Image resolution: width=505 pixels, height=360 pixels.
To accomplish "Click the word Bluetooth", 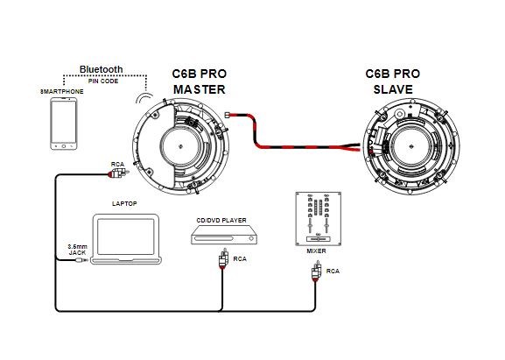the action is (x=102, y=69).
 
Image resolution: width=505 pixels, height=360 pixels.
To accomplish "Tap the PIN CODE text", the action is (x=103, y=81).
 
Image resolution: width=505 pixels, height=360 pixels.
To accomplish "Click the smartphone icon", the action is (x=64, y=124).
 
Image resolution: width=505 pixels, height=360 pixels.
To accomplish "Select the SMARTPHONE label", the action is (x=62, y=91).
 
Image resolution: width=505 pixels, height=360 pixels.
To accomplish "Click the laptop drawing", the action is (x=126, y=239).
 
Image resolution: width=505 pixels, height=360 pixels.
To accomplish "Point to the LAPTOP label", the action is (x=124, y=204).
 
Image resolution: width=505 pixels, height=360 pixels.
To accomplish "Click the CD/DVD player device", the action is (x=224, y=235).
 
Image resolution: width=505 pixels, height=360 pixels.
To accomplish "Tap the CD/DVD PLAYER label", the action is (x=221, y=221).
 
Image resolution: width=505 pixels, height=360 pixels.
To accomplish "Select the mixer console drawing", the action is (x=319, y=219).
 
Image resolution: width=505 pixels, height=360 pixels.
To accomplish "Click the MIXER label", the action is (x=316, y=251).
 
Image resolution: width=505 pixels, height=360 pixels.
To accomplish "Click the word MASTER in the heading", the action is (x=200, y=89).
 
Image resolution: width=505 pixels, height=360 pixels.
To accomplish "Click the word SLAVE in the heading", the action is (x=393, y=89).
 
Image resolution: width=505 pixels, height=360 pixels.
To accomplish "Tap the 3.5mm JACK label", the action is (x=77, y=250).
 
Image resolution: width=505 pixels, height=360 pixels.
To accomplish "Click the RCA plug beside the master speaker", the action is (x=118, y=173).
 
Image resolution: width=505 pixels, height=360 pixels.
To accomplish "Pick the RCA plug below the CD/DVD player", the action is (x=223, y=258).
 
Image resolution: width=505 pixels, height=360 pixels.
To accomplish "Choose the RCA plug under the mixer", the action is (x=316, y=271).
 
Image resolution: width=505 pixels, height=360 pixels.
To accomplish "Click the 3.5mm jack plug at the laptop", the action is (x=81, y=260).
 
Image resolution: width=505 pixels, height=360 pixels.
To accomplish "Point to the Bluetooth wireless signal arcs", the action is (x=144, y=98).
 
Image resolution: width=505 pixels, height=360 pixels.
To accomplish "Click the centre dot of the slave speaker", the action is (x=410, y=146).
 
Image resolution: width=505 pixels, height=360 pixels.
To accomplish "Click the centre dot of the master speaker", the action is (x=180, y=146).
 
